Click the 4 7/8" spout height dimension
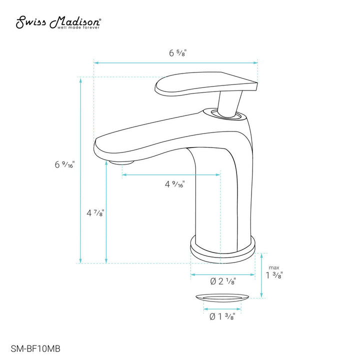point(95,213)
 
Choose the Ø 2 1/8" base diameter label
point(220,281)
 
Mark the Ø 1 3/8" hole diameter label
point(220,316)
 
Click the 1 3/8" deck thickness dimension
point(274,275)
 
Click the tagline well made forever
point(82,27)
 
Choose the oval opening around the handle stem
point(230,116)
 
